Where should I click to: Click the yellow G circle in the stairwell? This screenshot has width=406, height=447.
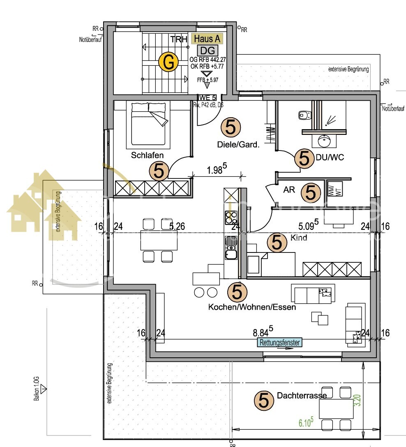pyautogui.click(x=168, y=63)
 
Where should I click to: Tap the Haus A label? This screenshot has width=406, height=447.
pyautogui.click(x=207, y=39)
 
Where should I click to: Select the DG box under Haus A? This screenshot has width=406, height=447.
pyautogui.click(x=207, y=51)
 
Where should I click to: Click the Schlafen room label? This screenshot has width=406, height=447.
pyautogui.click(x=148, y=155)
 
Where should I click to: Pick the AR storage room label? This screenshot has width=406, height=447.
pyautogui.click(x=289, y=190)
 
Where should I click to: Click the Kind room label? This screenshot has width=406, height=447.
pyautogui.click(x=299, y=238)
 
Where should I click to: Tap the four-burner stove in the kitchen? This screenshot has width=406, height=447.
pyautogui.click(x=231, y=217)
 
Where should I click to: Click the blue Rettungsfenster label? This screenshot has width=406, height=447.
pyautogui.click(x=279, y=342)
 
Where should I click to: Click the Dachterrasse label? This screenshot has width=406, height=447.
pyautogui.click(x=302, y=396)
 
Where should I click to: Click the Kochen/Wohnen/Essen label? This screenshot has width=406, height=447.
pyautogui.click(x=252, y=307)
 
